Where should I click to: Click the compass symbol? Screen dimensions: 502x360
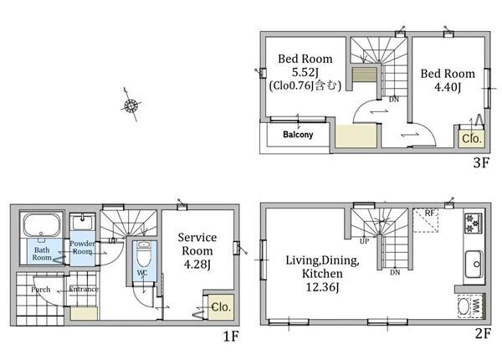click(x=131, y=105)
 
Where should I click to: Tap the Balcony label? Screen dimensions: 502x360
click(x=298, y=135)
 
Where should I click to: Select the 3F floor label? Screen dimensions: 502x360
click(x=481, y=163)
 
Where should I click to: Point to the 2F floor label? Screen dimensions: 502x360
click(x=483, y=334)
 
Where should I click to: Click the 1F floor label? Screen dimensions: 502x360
click(x=231, y=336)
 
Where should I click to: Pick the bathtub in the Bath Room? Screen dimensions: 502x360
click(x=42, y=225)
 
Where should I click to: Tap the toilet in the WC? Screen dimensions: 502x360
click(x=143, y=254)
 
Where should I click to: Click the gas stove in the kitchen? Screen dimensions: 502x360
click(x=473, y=223)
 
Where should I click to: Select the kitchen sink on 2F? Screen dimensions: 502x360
click(x=474, y=264)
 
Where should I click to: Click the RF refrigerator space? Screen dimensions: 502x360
click(x=425, y=220)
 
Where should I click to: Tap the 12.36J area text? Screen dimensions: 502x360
click(x=322, y=287)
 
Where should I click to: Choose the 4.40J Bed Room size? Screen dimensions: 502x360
click(x=448, y=87)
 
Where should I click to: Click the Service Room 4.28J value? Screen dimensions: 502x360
click(x=197, y=265)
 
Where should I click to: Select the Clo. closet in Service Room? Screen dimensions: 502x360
click(x=221, y=307)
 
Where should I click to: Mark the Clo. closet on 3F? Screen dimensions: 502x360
click(x=472, y=139)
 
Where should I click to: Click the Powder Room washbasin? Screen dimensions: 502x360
click(x=82, y=222)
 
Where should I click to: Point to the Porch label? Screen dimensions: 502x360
click(x=41, y=290)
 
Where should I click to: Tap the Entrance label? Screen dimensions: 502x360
click(x=84, y=289)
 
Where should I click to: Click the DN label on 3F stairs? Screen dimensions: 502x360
click(x=394, y=100)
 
